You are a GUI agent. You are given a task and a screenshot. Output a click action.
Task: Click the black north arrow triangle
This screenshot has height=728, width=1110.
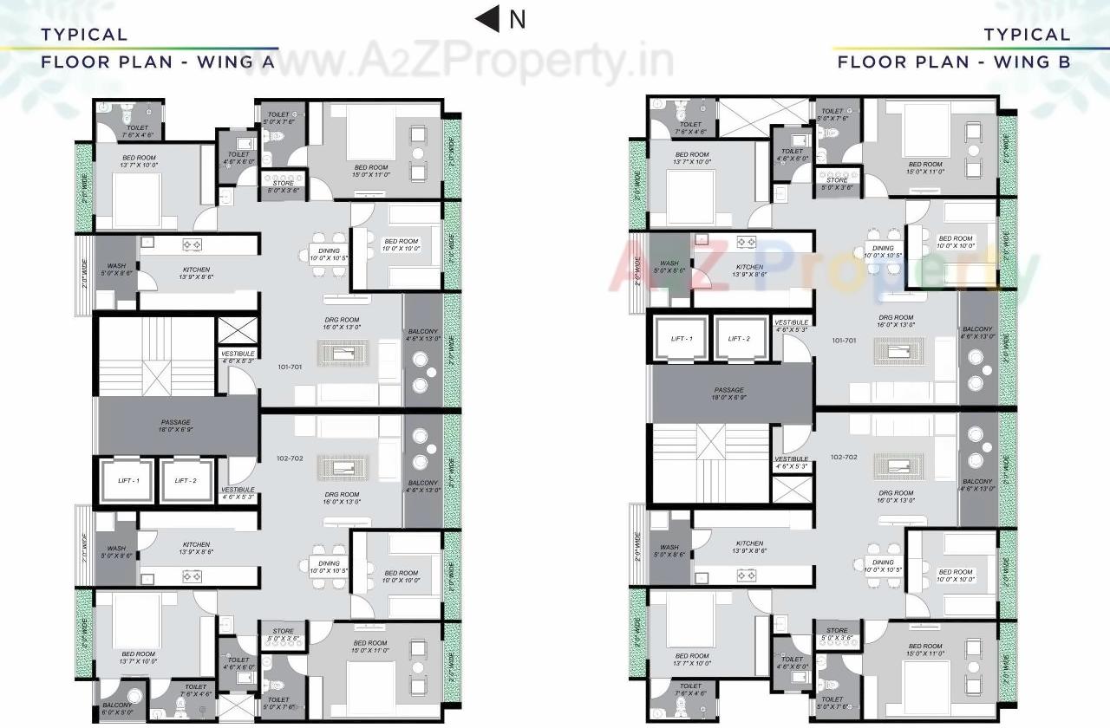click(488, 18)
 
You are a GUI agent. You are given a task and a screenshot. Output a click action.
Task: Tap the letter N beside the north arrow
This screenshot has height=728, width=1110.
click(517, 19)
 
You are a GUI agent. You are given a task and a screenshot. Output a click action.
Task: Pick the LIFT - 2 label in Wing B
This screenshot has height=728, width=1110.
click(740, 339)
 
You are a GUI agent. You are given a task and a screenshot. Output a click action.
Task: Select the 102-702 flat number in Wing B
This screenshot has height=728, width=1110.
click(844, 457)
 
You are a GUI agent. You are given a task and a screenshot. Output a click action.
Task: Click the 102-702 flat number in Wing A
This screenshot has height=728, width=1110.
click(290, 458)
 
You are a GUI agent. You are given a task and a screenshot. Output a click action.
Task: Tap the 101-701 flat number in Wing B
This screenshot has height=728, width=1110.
click(844, 341)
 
